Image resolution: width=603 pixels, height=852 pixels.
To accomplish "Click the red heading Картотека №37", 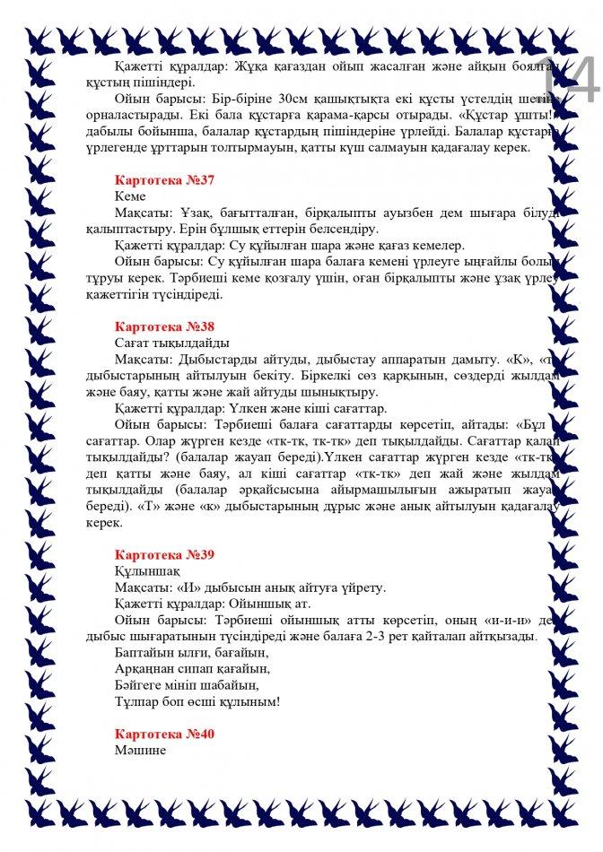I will (x=165, y=179).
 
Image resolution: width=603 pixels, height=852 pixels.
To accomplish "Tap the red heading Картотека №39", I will (x=165, y=554).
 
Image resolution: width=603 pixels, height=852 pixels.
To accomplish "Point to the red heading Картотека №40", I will (x=165, y=733).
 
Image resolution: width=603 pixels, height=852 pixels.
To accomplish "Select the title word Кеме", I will (x=130, y=196).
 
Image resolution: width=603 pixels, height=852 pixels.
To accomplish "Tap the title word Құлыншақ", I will (x=148, y=570).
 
